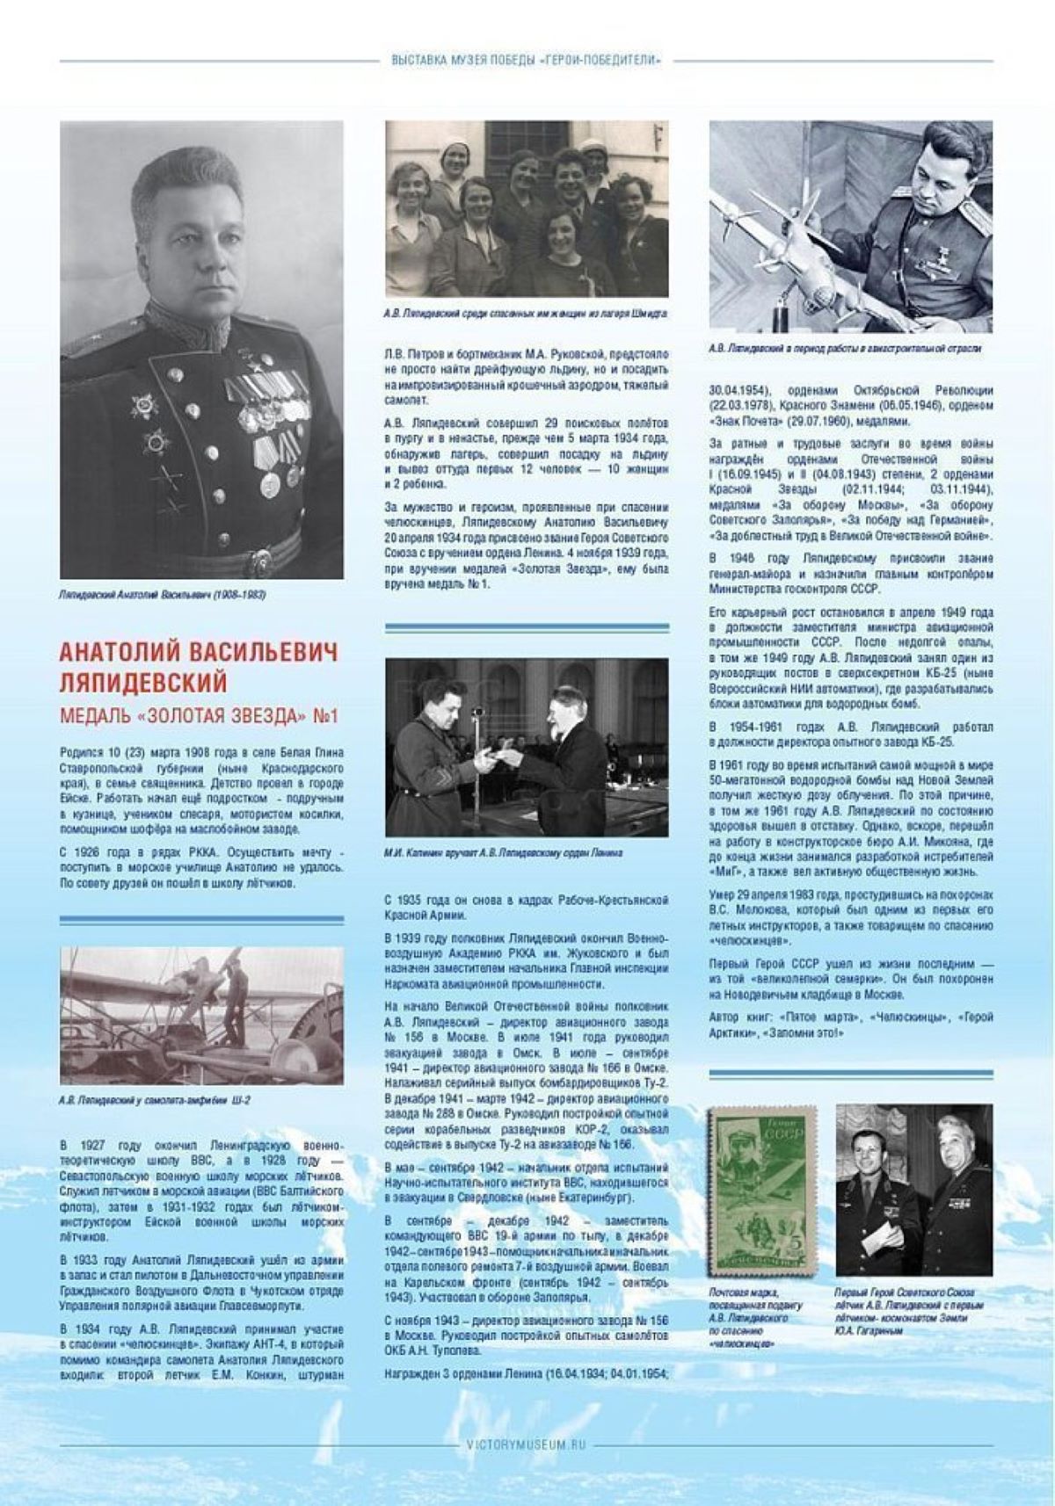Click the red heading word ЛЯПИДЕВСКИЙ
[142, 683]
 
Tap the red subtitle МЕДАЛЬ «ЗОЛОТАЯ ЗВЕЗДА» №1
[199, 716]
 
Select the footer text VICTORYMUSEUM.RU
[527, 1444]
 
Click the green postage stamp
[762, 1190]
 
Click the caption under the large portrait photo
[163, 595]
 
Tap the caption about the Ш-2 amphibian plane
[155, 1100]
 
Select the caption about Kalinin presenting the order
[503, 853]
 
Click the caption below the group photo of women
[526, 313]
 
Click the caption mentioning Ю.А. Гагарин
[909, 1312]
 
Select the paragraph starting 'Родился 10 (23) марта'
[201, 790]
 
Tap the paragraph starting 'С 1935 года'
[526, 908]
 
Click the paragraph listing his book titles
[850, 1025]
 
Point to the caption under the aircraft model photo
[844, 349]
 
